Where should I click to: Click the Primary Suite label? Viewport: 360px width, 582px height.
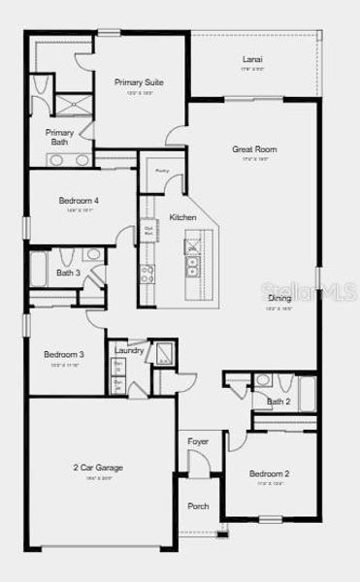pos(139,82)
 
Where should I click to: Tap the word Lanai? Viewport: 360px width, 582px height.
pos(251,59)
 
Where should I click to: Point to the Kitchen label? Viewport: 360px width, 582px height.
pos(183,217)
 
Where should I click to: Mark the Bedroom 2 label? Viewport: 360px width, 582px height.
pos(269,473)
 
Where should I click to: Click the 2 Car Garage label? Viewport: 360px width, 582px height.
pos(98,468)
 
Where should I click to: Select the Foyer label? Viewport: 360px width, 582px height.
pos(198,442)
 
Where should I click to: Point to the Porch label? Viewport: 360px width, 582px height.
pos(198,506)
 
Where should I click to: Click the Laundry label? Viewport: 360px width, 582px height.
pos(129,350)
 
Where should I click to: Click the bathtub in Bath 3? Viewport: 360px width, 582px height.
pos(39,268)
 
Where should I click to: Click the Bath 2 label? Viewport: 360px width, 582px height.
pos(278,401)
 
